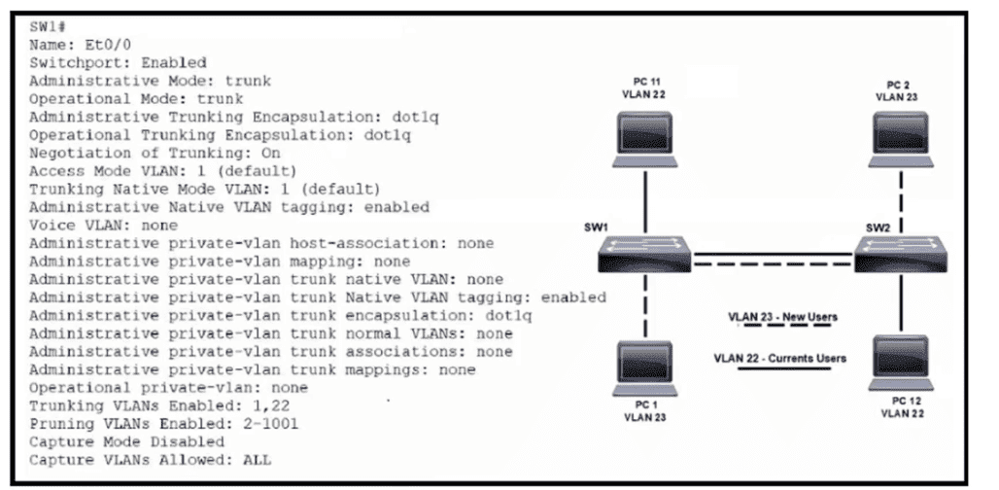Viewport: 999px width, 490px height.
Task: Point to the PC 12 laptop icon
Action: [x=902, y=361]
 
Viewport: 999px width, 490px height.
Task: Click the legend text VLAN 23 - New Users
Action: [x=782, y=317]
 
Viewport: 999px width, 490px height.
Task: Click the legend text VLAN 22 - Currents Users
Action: [x=779, y=358]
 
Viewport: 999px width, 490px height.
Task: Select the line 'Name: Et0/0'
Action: [x=72, y=44]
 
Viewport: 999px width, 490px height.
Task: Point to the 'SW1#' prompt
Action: [x=47, y=25]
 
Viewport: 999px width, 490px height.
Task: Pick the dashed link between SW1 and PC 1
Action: [x=645, y=308]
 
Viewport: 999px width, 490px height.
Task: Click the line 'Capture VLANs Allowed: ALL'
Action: [x=150, y=460]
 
